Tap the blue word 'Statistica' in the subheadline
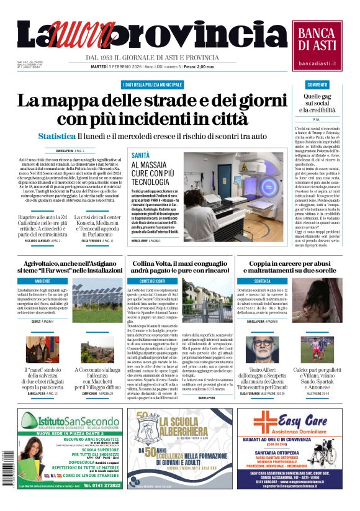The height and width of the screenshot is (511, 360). [56, 135]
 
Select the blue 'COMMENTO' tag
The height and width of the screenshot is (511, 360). [317, 84]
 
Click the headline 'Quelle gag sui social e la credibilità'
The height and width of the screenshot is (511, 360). [317, 103]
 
